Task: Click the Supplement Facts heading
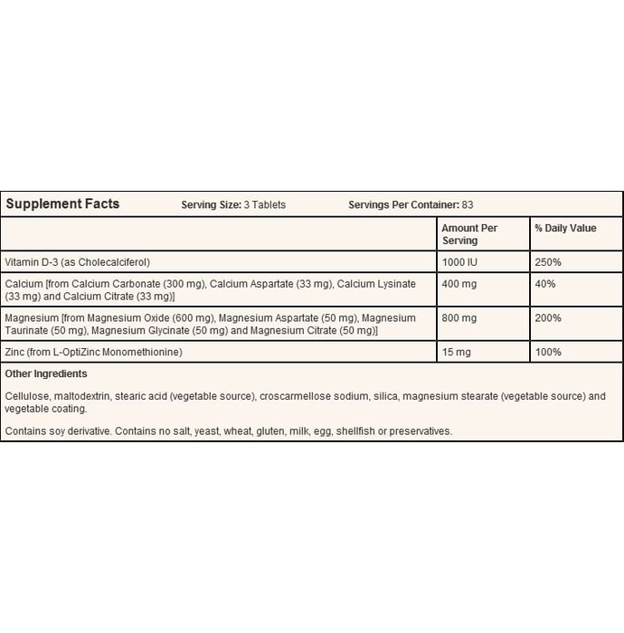point(62,204)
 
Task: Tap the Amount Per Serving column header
point(469,234)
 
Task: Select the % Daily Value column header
point(565,228)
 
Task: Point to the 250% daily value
point(548,261)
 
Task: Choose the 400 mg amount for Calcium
point(459,284)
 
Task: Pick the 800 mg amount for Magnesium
point(459,318)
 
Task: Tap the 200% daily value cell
point(548,318)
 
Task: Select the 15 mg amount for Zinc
point(456,351)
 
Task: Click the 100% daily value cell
point(548,351)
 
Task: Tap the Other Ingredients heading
point(46,373)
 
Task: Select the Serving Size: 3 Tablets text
point(233,205)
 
